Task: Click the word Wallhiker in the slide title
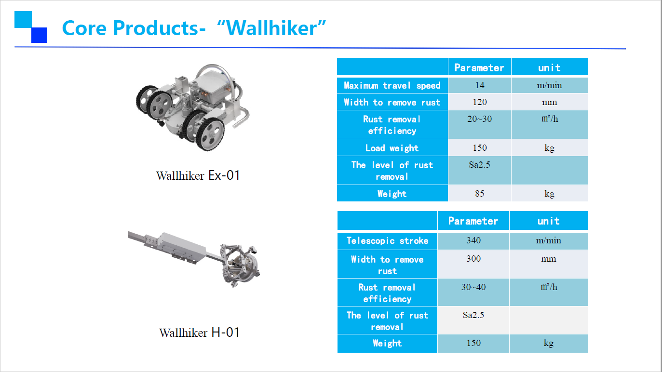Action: tap(271, 28)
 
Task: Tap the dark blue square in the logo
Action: tap(40, 35)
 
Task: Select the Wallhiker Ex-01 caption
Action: tap(198, 175)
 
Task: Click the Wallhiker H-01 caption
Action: tap(199, 332)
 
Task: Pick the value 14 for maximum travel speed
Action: tap(480, 85)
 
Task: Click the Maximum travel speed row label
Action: tap(392, 85)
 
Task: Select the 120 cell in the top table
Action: tap(480, 102)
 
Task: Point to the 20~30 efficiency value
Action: tap(479, 119)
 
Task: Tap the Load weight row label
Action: tap(392, 148)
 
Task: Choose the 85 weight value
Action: tap(480, 194)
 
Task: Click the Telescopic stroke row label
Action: tap(388, 240)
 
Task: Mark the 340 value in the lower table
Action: tap(473, 240)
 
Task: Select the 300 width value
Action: tap(473, 259)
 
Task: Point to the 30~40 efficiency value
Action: tap(473, 287)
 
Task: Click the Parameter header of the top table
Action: tap(479, 67)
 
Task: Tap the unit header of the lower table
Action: tap(549, 221)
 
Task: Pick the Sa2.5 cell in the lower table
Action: tap(473, 315)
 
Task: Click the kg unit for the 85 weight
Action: tap(549, 194)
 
